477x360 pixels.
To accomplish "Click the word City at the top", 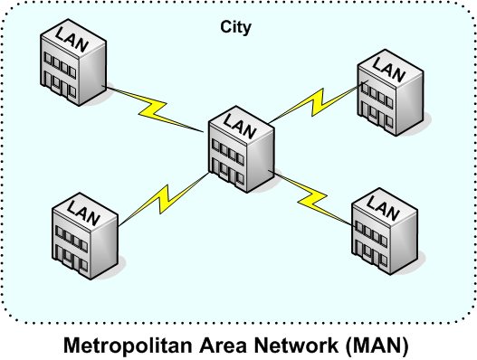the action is (x=236, y=27).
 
